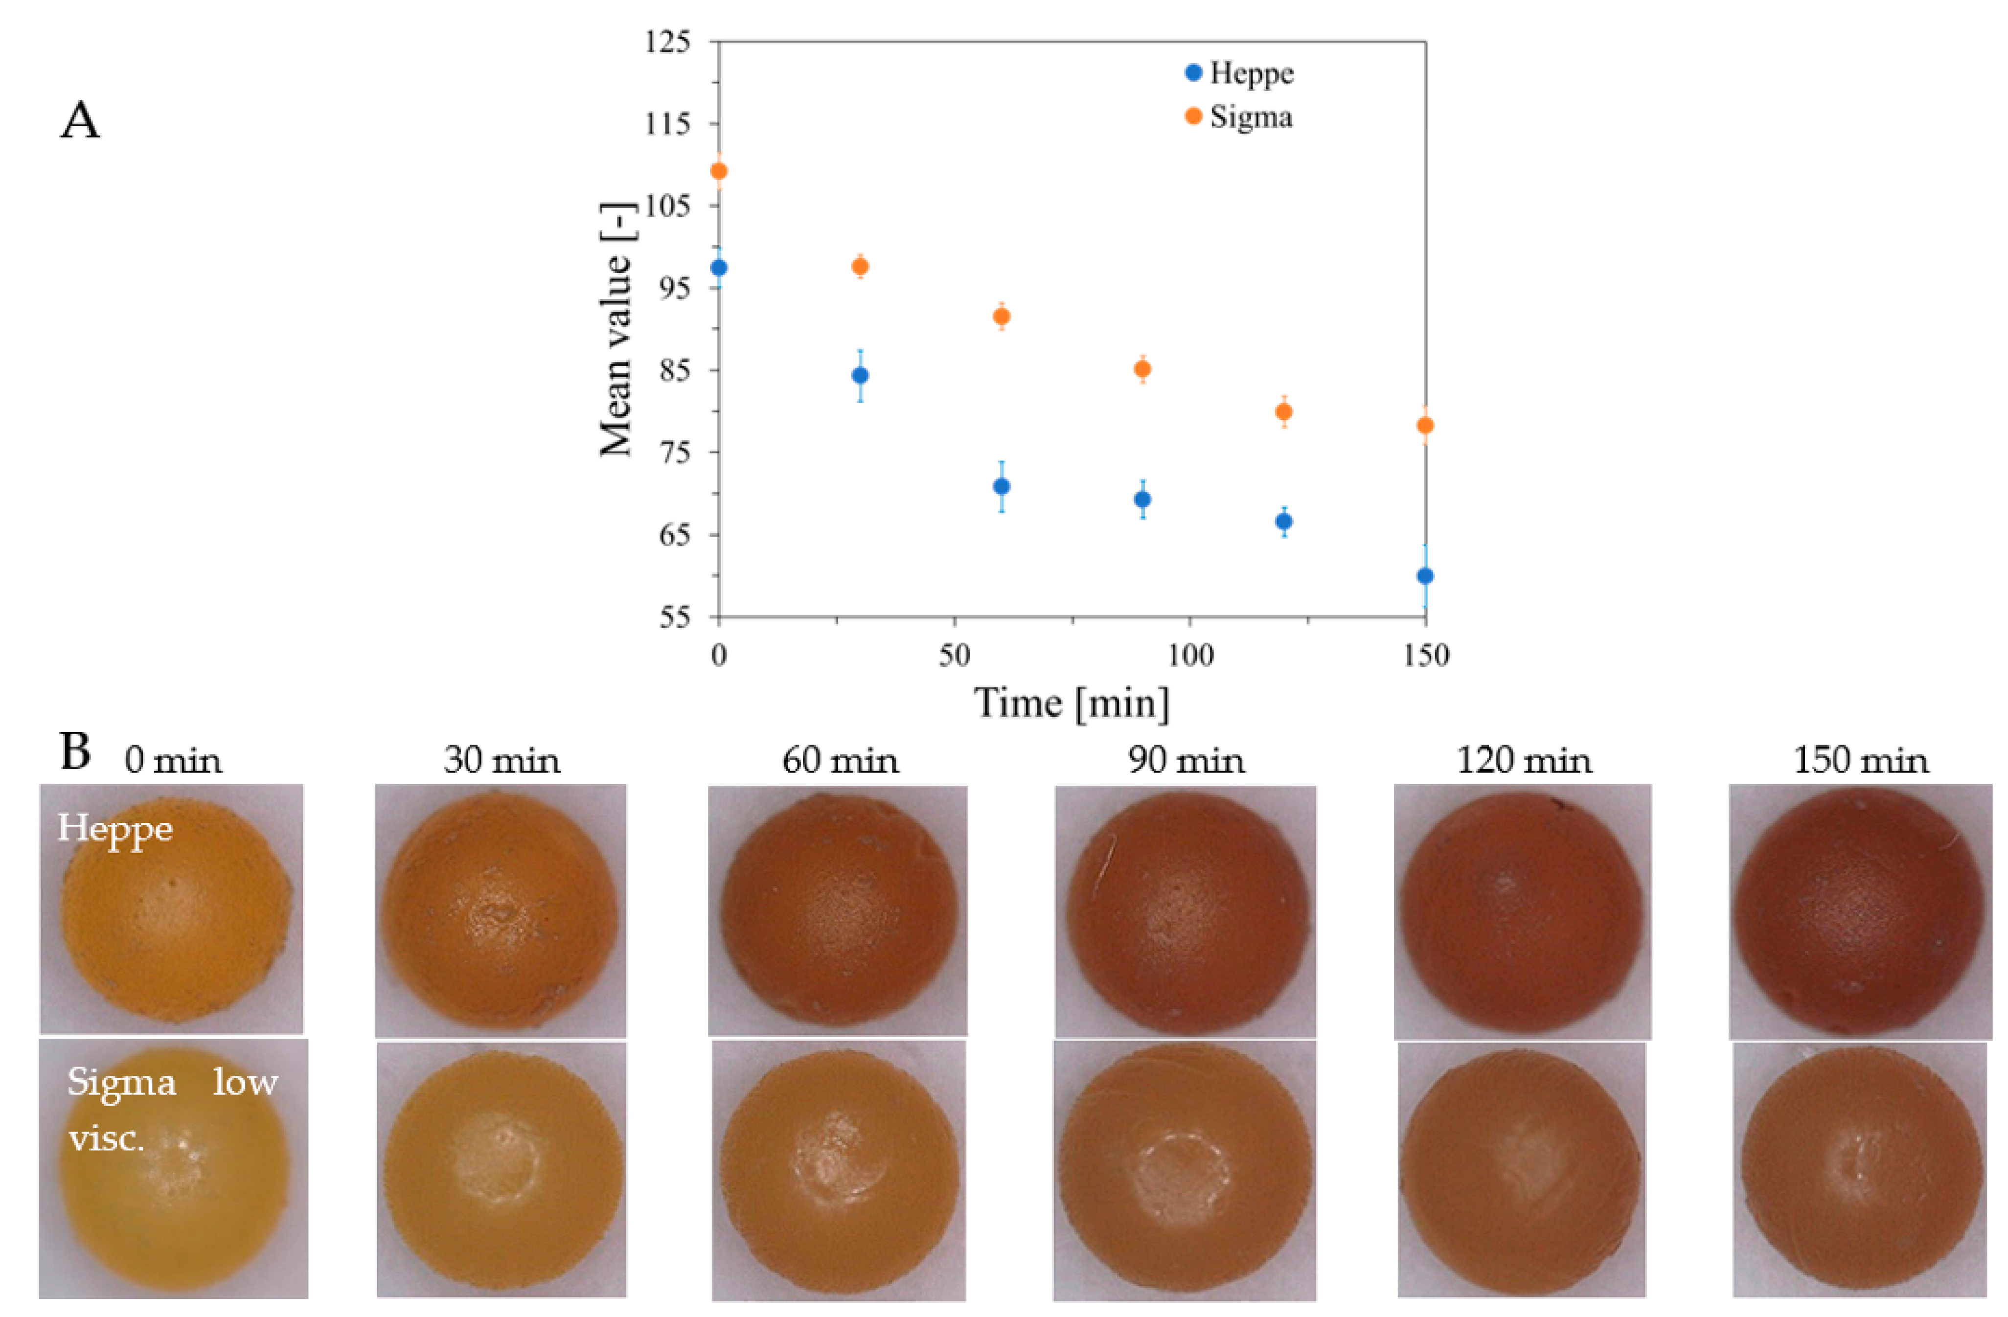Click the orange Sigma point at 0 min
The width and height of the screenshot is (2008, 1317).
pos(719,171)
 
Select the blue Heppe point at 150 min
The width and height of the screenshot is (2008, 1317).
pos(1425,576)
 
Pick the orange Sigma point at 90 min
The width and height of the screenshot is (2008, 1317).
pos(1142,369)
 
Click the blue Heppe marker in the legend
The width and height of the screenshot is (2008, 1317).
pos(1193,72)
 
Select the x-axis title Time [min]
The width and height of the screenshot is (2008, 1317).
pos(1072,703)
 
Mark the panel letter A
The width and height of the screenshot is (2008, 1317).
pos(80,121)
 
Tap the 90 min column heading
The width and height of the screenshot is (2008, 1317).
pos(1186,761)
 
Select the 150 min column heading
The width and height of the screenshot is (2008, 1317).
pos(1860,761)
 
